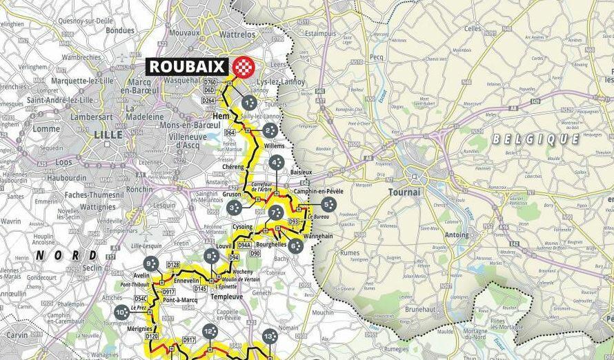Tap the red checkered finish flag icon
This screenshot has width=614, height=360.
[x=243, y=66]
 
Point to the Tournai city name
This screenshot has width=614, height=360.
[x=404, y=192]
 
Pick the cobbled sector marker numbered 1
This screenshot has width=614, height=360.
[x=249, y=103]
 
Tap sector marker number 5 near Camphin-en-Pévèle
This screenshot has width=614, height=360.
[x=328, y=204]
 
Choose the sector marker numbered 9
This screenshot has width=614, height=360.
[x=151, y=263]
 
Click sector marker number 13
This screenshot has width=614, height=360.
[x=269, y=337]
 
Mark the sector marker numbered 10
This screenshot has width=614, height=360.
[x=122, y=312]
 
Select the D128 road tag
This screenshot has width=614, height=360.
[x=173, y=265]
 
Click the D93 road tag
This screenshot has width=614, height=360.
[x=293, y=221]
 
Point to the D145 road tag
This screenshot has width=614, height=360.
[x=200, y=288]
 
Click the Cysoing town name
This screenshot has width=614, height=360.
[x=243, y=227]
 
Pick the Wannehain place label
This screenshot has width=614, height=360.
[x=317, y=235]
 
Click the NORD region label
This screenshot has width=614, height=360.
[x=77, y=254]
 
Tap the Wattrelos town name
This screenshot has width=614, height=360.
[x=237, y=34]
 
